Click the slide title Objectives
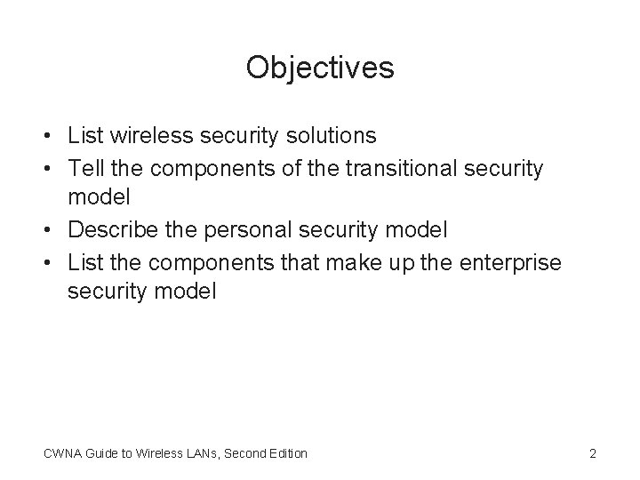point(320,67)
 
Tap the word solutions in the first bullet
point(328,136)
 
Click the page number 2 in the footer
point(592,453)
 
